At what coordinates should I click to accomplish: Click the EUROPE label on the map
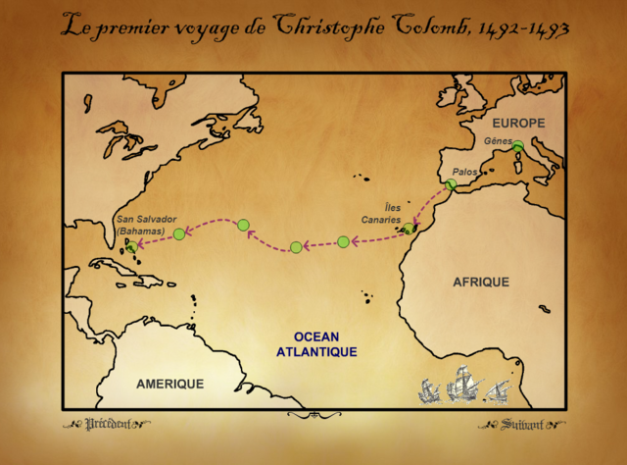(516, 126)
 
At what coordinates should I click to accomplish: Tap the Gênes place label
(498, 141)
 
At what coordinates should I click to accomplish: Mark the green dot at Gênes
(517, 147)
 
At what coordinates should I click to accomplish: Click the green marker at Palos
(450, 184)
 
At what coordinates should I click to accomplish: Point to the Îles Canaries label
(392, 213)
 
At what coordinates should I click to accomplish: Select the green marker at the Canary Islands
(409, 230)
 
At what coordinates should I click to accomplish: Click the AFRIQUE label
(480, 282)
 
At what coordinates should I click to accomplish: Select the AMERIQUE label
(170, 384)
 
